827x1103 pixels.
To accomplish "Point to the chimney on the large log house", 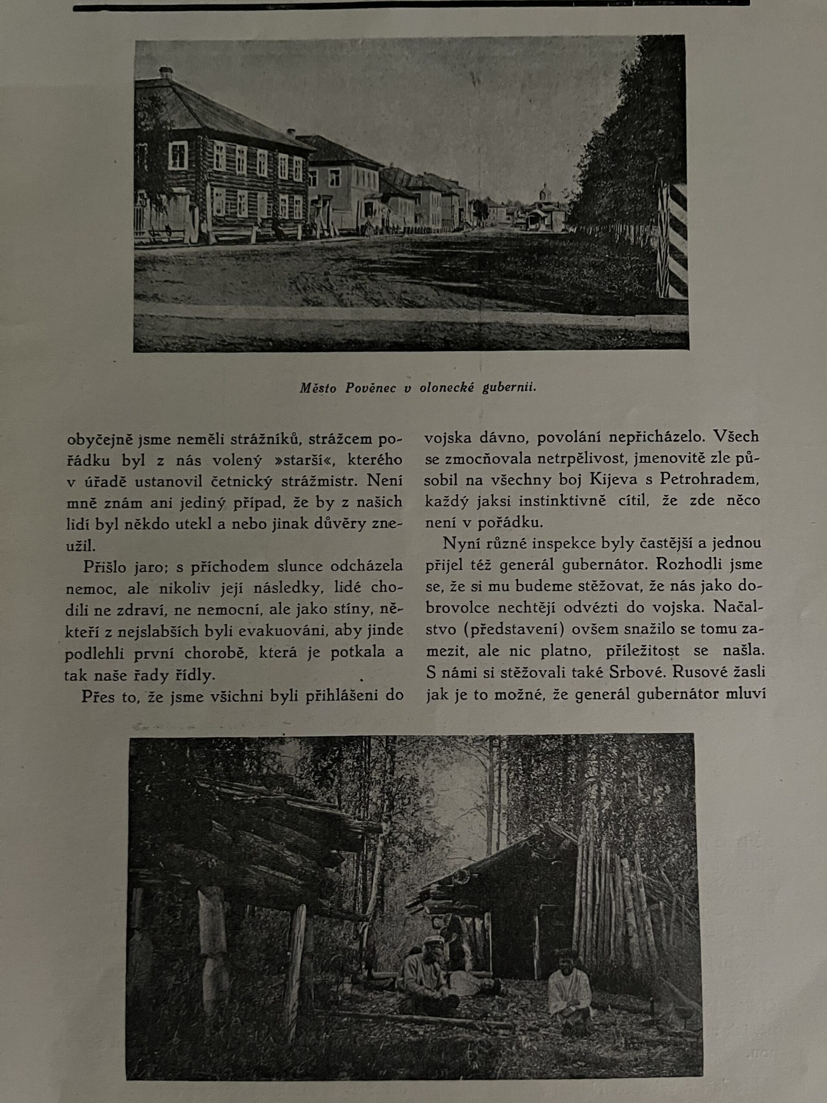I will tap(165, 73).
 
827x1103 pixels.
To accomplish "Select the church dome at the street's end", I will tap(545, 191).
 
